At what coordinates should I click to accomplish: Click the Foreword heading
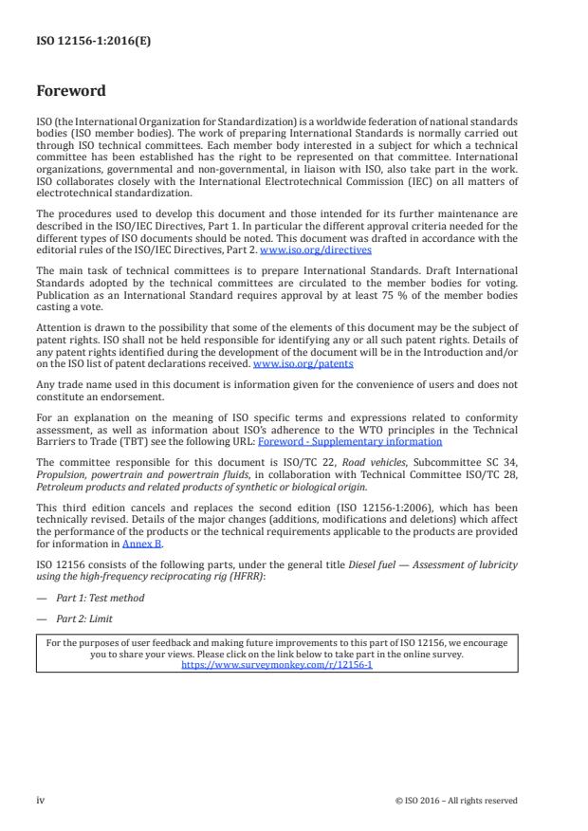[71, 91]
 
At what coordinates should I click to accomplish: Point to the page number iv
[41, 801]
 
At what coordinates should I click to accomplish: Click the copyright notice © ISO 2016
[456, 801]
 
